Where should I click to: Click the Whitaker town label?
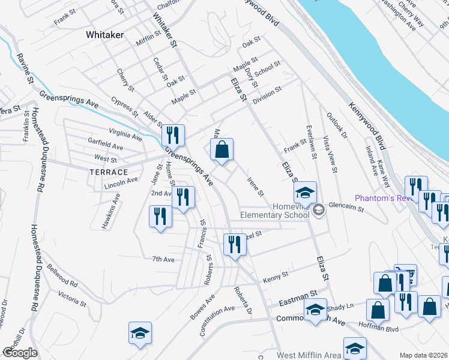[x=104, y=35]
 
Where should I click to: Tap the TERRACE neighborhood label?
[x=109, y=172]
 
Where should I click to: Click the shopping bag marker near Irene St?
[x=221, y=150]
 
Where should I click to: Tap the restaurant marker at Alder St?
[x=173, y=136]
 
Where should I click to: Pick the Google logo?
[x=20, y=353]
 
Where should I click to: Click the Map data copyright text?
[x=423, y=355]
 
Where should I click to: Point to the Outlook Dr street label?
[x=337, y=127]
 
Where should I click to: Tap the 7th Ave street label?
[x=163, y=259]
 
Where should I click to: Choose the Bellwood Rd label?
[x=62, y=276]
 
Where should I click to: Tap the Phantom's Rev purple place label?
[x=382, y=198]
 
